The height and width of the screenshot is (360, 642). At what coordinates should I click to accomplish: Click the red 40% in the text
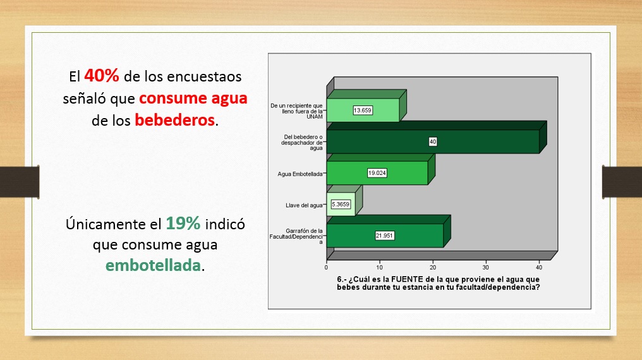(102, 76)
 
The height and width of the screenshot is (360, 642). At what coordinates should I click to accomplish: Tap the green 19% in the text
(183, 224)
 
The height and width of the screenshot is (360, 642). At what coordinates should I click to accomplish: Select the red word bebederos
(175, 120)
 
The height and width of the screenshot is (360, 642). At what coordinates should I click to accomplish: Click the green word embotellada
(153, 265)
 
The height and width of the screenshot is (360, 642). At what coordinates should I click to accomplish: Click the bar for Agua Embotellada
(377, 172)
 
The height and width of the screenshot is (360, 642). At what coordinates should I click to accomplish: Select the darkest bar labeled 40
(433, 141)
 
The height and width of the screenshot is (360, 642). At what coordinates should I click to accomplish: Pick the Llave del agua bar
(341, 204)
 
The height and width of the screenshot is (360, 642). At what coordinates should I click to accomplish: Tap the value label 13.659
(363, 110)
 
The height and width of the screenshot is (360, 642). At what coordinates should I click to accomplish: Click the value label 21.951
(384, 236)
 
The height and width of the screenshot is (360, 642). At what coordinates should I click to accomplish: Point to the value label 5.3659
(341, 204)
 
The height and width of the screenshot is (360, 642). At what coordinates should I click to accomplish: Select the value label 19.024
(377, 173)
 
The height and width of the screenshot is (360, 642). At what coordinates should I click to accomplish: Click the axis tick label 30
(485, 268)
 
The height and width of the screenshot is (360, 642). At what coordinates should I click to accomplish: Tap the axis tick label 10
(380, 268)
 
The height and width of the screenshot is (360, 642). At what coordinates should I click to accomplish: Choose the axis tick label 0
(326, 268)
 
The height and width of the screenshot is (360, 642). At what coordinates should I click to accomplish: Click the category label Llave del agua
(304, 205)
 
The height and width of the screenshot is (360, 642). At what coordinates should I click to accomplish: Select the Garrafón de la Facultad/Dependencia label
(296, 236)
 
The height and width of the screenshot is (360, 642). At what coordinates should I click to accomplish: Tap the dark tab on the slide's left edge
(20, 182)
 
